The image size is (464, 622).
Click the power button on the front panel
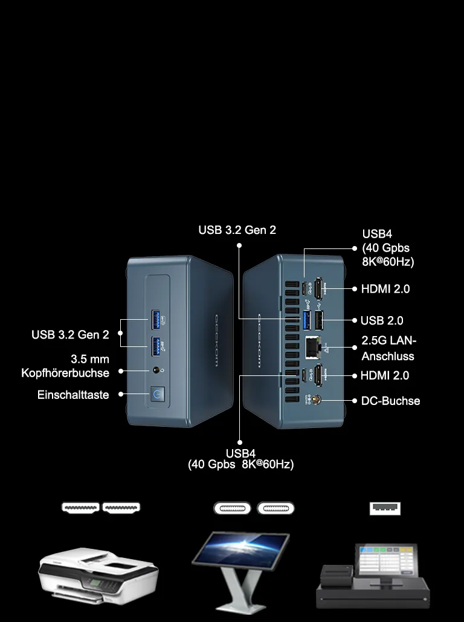(158, 394)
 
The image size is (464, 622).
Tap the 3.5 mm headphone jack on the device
(156, 371)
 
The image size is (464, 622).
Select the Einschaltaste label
(73, 395)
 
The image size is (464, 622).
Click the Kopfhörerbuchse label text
(65, 373)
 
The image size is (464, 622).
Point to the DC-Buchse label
(390, 401)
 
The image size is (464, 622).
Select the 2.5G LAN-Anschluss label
(388, 348)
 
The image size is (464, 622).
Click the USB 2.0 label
(381, 320)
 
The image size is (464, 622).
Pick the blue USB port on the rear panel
(306, 320)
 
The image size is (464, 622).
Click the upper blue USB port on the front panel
(156, 320)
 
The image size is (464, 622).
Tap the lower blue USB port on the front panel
(156, 346)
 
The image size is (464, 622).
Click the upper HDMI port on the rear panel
(318, 289)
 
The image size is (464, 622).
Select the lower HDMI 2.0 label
(385, 375)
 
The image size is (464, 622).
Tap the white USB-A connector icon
(385, 508)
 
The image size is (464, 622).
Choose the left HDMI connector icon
(80, 507)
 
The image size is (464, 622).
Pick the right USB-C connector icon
(275, 508)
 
